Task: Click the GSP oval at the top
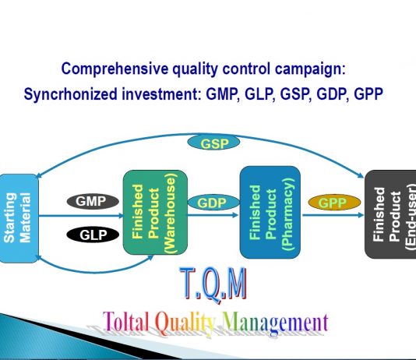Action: pos(213,143)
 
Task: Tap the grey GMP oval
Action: pos(93,201)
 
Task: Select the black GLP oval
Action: pos(93,235)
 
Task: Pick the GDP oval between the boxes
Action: pos(213,203)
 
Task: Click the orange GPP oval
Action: pos(334,203)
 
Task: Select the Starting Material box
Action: pos(19,218)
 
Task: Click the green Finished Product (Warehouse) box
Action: pos(155,212)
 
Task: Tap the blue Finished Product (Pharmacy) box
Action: pos(270,212)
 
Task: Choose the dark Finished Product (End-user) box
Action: pos(390,214)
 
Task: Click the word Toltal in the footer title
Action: pos(126,322)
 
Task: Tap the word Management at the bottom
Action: pos(276,323)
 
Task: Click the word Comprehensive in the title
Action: pos(115,69)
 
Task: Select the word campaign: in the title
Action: pos(310,69)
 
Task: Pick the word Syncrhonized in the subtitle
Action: pos(70,94)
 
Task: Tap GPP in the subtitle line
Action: pos(368,94)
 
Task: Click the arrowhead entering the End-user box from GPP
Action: pos(361,215)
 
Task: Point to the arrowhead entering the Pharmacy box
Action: pos(235,215)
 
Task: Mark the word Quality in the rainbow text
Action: pos(185,323)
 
